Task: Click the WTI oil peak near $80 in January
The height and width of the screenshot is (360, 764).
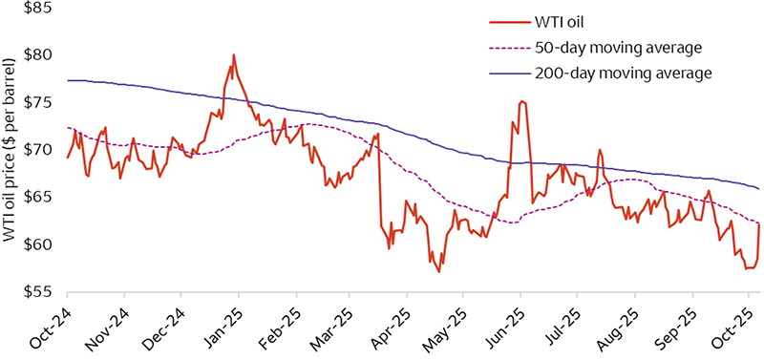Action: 233,55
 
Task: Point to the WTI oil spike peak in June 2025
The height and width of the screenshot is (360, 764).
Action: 521,101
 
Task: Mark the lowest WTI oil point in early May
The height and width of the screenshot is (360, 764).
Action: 439,272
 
